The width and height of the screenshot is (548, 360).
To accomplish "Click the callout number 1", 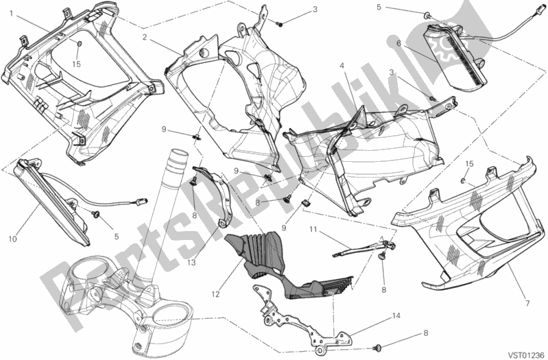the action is click(x=11, y=14).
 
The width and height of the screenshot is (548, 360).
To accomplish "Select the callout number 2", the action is click(x=144, y=36).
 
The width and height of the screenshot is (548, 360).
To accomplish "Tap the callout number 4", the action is click(x=342, y=65).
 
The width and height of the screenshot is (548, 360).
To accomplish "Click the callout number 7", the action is click(x=528, y=303).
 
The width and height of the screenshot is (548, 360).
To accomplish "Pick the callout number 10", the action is click(x=12, y=239).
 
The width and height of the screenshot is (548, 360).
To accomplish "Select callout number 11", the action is click(x=313, y=230).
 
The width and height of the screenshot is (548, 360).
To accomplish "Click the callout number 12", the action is click(x=215, y=294).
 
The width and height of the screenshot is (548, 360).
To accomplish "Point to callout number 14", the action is click(x=396, y=316).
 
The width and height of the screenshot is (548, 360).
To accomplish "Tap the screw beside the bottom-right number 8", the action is click(x=377, y=348).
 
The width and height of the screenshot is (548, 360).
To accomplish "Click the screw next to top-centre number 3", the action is click(x=279, y=24).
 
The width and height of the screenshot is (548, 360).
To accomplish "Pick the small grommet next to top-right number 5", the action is click(x=427, y=14).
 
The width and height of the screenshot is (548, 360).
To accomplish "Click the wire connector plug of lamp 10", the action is click(x=143, y=202).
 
